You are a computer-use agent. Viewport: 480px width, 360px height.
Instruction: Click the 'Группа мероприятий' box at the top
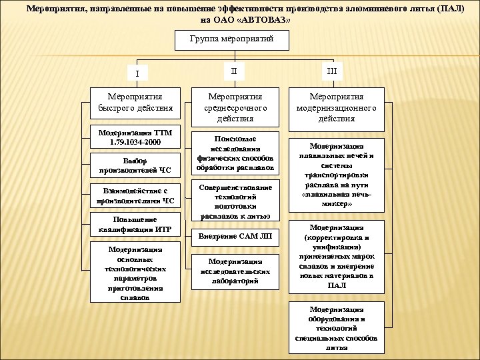click(x=231, y=40)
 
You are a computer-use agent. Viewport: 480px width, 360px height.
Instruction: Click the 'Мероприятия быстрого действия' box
click(x=135, y=101)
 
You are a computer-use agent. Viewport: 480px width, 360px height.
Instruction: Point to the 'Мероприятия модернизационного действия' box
click(x=337, y=107)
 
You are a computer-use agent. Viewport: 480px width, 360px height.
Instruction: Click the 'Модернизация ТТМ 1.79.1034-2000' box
click(x=135, y=137)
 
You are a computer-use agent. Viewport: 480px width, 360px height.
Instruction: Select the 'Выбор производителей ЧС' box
click(x=135, y=165)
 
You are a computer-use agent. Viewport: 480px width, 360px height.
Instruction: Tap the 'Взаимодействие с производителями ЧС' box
click(x=135, y=195)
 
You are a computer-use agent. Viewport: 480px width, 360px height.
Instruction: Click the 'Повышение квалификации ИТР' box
click(x=135, y=225)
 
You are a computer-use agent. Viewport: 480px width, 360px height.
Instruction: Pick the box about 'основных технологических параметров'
click(x=135, y=273)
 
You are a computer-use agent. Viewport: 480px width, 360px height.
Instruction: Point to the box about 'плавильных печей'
click(x=337, y=174)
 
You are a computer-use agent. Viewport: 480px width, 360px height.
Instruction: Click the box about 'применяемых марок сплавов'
click(x=337, y=256)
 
